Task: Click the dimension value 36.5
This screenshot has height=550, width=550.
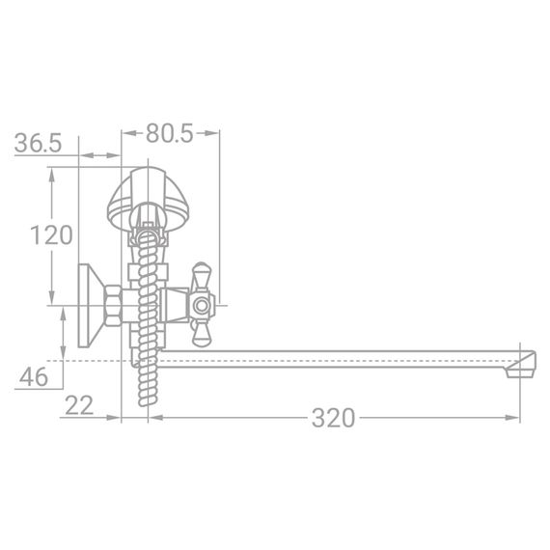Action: pos(39,143)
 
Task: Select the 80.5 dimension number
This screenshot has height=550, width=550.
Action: pos(171,134)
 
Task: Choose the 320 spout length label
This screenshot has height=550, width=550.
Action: pos(333,418)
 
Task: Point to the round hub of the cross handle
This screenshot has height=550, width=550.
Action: pos(203,308)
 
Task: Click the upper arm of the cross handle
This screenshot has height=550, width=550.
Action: pos(203,276)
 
